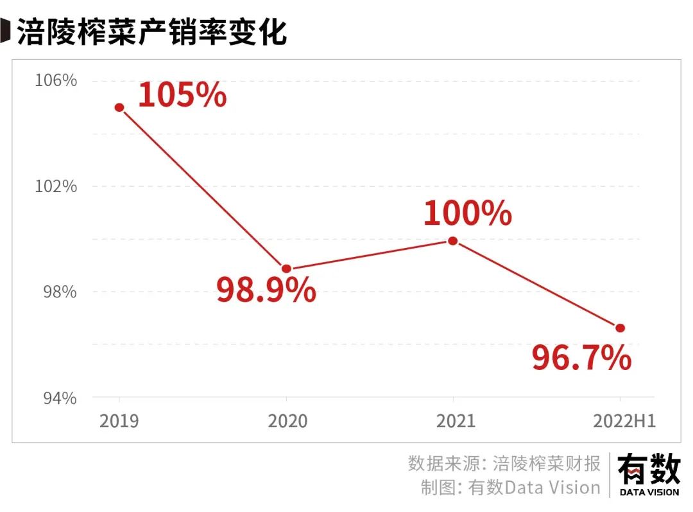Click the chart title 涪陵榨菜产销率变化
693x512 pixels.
coord(151,31)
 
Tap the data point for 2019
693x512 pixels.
coord(119,107)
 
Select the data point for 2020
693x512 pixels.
coord(287,269)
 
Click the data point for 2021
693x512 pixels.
coord(453,241)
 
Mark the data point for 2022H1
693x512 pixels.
coord(620,328)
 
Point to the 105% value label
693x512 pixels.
coord(182,94)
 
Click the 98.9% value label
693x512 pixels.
coord(266,290)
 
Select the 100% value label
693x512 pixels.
coord(467,213)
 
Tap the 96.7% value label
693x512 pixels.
coord(581,358)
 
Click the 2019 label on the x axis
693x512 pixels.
coord(119,421)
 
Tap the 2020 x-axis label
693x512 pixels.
coord(287,421)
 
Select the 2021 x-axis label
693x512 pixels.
coord(456,421)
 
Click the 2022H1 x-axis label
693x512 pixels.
coord(624,421)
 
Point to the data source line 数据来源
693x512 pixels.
coord(504,463)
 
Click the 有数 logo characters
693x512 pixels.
coord(649,469)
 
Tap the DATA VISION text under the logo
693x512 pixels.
coord(649,493)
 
